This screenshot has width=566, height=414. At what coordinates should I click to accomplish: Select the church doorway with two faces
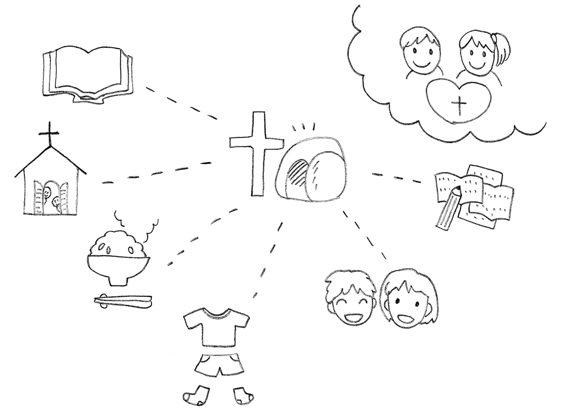pyautogui.click(x=51, y=197)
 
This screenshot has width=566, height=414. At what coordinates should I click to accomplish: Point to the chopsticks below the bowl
pyautogui.click(x=122, y=301)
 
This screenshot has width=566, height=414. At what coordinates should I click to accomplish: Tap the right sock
pyautogui.click(x=242, y=395)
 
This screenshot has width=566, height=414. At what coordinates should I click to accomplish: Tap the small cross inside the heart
pyautogui.click(x=460, y=106)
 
